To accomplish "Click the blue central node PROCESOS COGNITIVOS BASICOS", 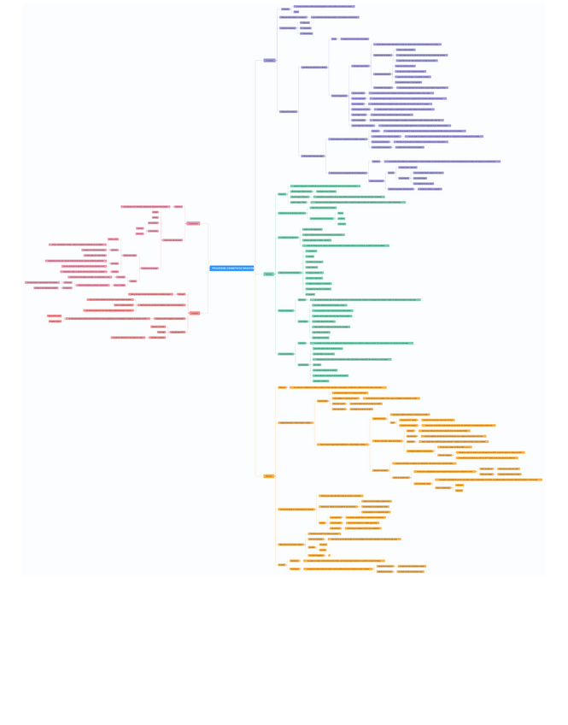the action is point(231,268).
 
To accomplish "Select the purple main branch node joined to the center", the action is point(270,60).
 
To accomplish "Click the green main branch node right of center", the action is point(269,274).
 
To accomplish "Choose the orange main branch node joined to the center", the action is point(269,476).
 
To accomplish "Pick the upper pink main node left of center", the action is point(193,223).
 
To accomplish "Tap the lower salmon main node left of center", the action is point(195,313).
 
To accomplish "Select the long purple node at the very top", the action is point(324,6).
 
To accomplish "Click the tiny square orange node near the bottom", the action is point(329,555).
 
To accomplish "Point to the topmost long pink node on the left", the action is point(145,206).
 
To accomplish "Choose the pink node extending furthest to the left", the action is point(42,282).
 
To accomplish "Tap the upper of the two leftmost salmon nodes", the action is point(54,315).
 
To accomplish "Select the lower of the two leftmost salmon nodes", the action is point(55,321).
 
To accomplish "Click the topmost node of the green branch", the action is point(325,186).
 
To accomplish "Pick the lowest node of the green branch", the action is point(320,380).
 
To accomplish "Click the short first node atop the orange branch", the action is point(282,387).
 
